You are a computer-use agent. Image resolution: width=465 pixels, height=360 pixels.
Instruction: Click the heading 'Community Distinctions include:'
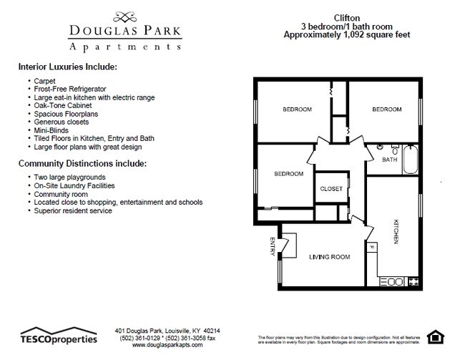point(82,163)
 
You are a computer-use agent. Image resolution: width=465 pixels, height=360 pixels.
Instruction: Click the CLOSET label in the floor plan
point(331,189)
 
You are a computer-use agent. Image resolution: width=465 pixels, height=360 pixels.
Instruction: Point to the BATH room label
point(389,160)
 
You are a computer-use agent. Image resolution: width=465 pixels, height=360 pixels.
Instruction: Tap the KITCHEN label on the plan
point(395,231)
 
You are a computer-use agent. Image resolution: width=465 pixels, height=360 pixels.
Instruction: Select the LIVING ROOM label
point(329,256)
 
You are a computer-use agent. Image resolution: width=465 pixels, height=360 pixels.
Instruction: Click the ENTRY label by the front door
point(273,245)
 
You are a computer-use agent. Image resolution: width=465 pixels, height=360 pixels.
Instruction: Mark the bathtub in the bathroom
point(411,160)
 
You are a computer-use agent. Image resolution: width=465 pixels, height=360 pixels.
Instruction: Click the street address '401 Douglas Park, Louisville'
point(167,330)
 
